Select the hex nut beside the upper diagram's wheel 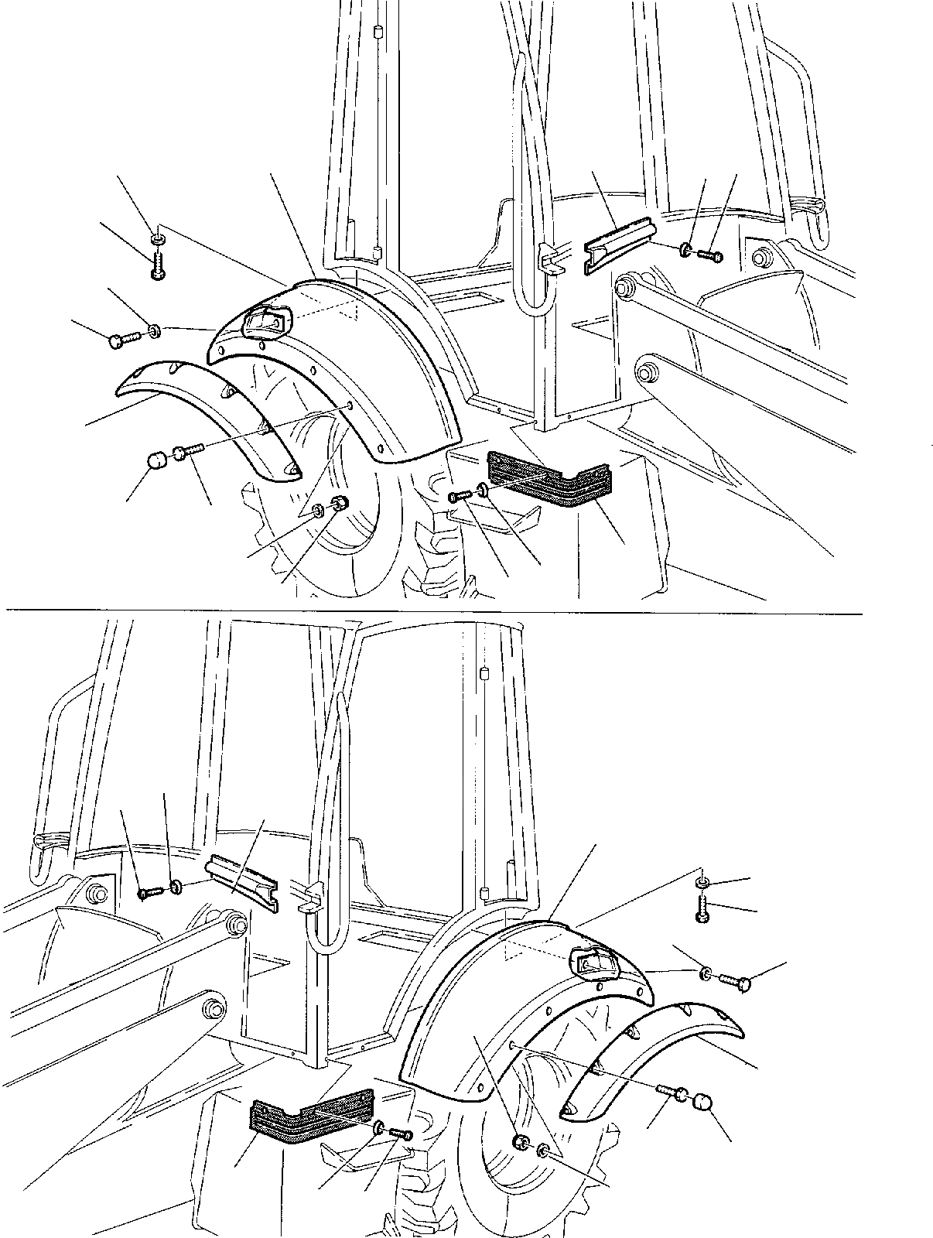click(338, 504)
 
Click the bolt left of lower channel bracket click(149, 892)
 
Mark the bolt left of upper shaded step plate click(460, 495)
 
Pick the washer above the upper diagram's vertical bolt click(157, 241)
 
